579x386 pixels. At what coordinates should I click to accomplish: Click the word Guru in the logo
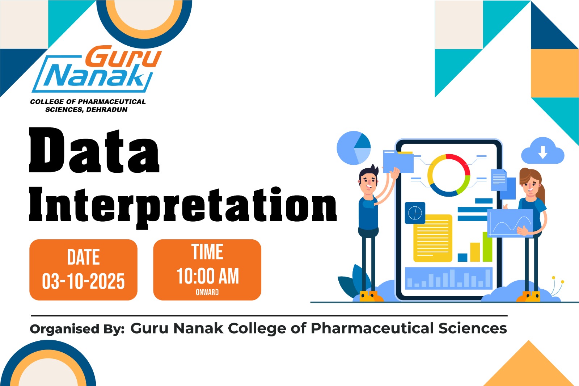tap(123, 56)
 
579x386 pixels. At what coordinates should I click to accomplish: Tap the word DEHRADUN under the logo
tap(107, 110)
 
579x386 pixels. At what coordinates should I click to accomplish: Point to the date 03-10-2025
tap(83, 281)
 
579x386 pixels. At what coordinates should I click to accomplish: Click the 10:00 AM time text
tap(208, 276)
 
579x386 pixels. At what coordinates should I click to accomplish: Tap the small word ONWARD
tap(207, 292)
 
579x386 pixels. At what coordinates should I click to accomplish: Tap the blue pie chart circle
tap(353, 148)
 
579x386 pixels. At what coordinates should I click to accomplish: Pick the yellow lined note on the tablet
tap(433, 238)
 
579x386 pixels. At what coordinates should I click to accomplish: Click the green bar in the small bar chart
tap(487, 247)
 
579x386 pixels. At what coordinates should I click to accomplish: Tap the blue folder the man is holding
tap(398, 161)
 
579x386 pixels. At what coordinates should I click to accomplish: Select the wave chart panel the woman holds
tap(510, 223)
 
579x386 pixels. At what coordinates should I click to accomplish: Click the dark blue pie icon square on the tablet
tap(415, 213)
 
